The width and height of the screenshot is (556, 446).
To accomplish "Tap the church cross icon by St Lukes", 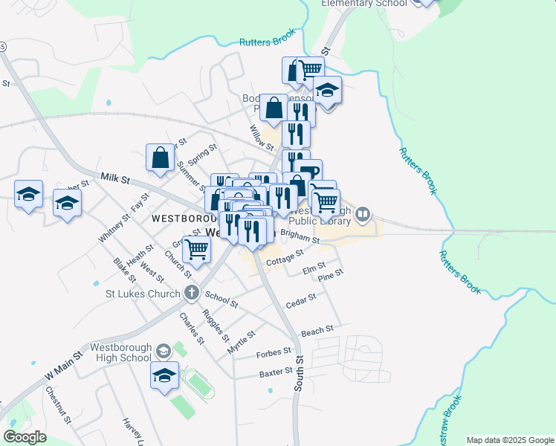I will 192,292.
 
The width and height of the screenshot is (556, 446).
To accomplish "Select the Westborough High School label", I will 120,352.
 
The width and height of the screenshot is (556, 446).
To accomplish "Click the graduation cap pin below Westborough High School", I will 164,375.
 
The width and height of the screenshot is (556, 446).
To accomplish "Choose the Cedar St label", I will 301,300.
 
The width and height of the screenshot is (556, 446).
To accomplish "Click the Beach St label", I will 315,329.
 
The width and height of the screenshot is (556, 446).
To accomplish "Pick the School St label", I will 222,299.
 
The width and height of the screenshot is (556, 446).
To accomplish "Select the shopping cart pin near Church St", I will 196,250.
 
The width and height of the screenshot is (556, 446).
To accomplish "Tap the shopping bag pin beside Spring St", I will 160,158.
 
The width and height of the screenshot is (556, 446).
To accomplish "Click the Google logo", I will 25,437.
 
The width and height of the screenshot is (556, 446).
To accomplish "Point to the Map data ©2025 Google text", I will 509,440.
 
